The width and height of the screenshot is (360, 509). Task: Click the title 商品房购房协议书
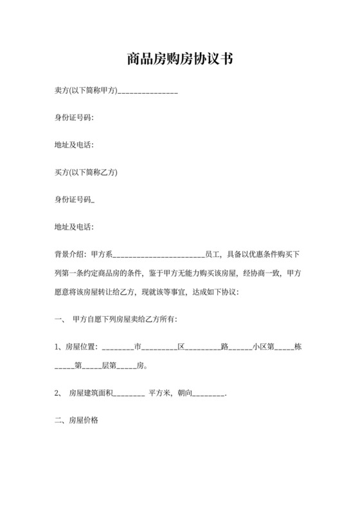(179, 60)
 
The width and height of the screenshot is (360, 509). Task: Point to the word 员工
(212, 253)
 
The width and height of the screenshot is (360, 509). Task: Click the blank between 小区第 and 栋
(283, 348)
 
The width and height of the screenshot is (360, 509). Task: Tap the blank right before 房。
(127, 368)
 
